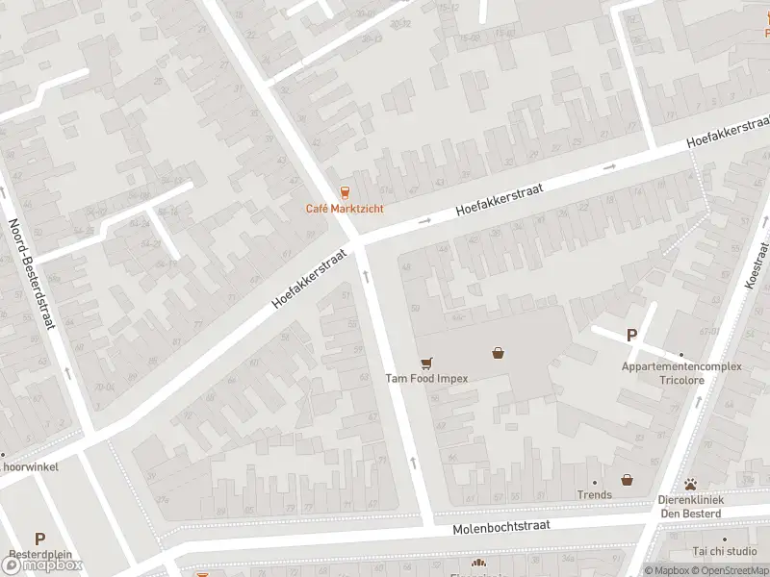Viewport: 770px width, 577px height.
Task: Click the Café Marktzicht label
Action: pos(345,209)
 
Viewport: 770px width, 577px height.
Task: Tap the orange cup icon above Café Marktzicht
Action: pos(345,192)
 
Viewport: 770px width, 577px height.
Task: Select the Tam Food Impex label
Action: pos(426,378)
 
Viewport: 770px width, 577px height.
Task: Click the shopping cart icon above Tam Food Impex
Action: pos(426,363)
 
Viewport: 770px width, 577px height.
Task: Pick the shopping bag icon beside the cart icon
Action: pos(498,353)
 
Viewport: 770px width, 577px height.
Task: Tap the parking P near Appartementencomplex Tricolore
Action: pos(632,336)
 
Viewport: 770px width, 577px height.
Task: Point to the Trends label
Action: pos(594,495)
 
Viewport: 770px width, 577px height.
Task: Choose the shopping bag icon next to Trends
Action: pos(627,479)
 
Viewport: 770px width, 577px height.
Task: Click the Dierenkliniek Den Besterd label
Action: pos(690,506)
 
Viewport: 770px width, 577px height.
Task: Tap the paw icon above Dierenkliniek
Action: pos(690,485)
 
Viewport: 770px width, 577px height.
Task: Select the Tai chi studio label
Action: pos(725,551)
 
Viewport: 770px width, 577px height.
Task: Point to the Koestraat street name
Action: pos(753,263)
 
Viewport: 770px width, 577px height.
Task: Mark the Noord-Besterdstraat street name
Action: pos(28,274)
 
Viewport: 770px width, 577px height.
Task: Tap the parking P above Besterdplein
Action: pos(39,539)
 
